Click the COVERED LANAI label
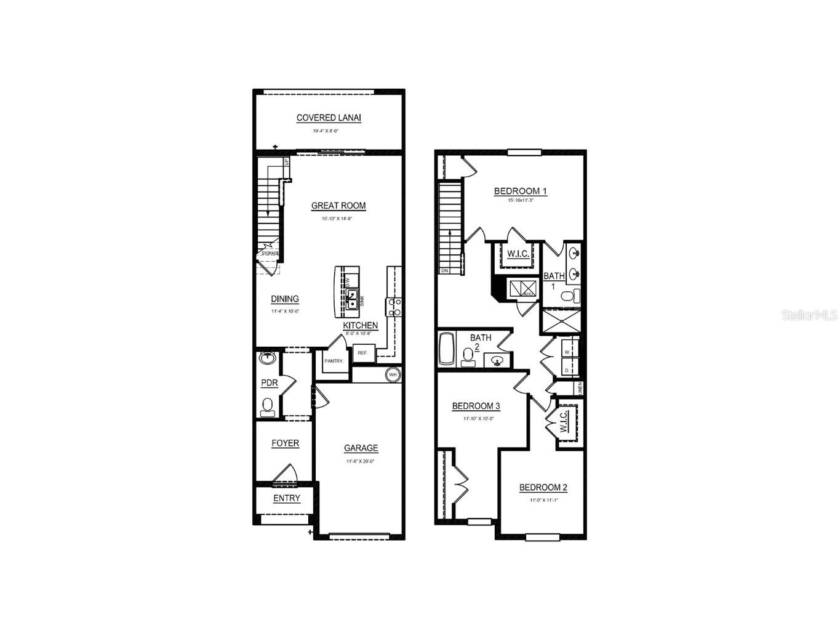point(329,118)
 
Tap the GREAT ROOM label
point(338,206)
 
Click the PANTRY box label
point(334,361)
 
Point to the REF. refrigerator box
point(362,353)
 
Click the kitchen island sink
point(352,300)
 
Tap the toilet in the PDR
point(268,406)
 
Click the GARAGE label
point(361,448)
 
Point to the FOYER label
point(286,443)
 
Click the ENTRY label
point(286,498)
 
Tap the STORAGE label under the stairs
point(270,253)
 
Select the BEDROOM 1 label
point(520,191)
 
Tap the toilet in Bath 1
point(570,297)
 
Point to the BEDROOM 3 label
point(476,406)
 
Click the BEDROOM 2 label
point(543,487)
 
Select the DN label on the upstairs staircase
point(444,270)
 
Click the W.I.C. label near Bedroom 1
point(514,254)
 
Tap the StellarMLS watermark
point(809,315)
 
